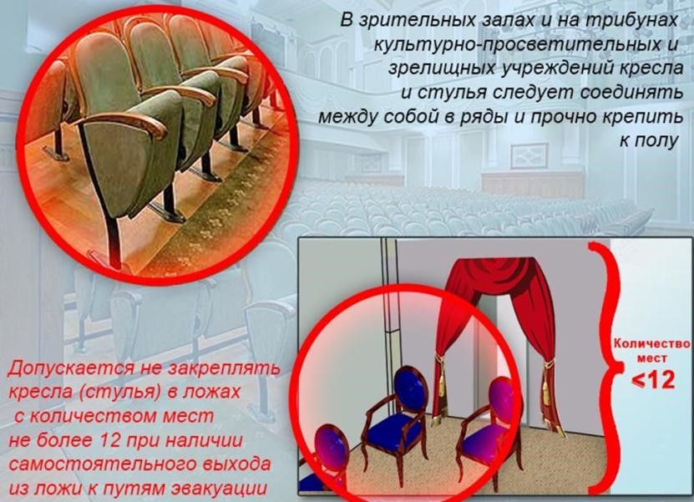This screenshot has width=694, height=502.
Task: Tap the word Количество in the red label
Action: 651,343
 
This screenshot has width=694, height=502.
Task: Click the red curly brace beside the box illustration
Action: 600,368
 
